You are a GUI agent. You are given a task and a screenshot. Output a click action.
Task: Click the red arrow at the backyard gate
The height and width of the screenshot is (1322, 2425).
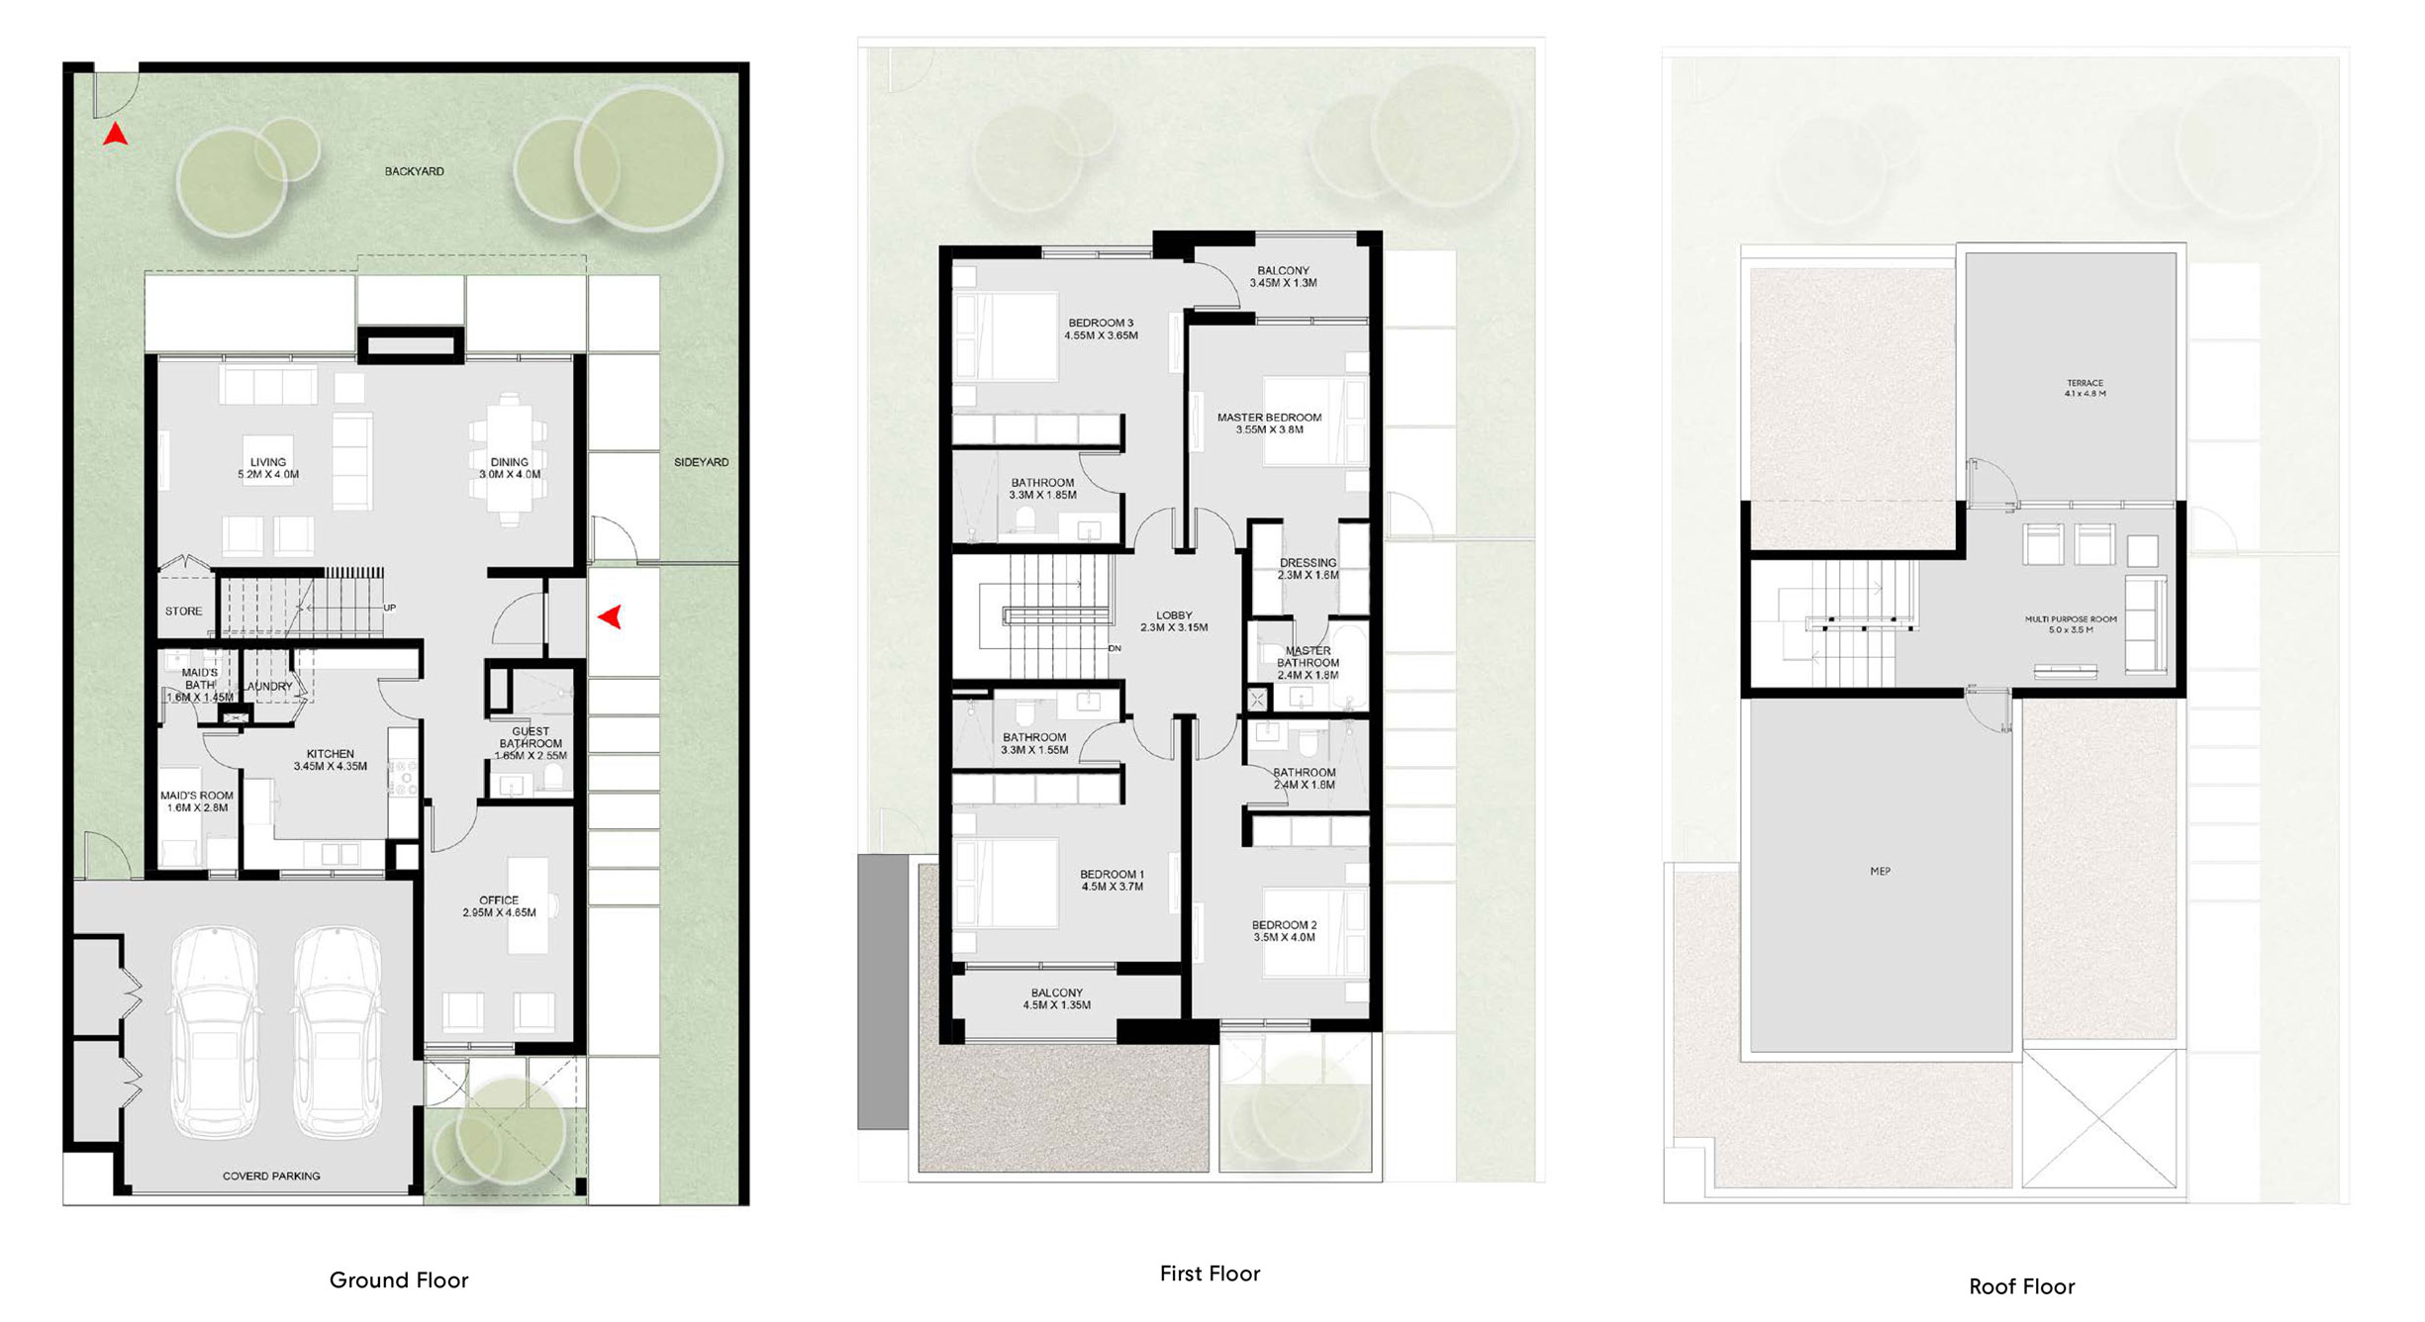coord(116,135)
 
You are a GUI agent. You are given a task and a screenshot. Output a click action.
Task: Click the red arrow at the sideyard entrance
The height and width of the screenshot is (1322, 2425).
coord(610,616)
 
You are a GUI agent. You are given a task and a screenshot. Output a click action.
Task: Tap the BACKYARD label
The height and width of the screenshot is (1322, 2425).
coord(414,171)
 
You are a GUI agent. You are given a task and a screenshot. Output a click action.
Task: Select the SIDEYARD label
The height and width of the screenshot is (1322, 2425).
coord(701,462)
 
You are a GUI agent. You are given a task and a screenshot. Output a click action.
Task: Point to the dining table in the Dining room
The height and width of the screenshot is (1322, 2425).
coord(509,460)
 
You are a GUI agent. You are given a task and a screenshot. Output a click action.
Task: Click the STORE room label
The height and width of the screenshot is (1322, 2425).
coord(183,612)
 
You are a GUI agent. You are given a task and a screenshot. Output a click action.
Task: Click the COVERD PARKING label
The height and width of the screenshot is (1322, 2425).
coord(271,1177)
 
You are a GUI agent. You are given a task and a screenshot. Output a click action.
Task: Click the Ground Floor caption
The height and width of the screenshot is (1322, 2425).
coord(399,1280)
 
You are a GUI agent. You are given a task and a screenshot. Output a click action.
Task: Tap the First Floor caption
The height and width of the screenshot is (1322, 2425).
coord(1210,1274)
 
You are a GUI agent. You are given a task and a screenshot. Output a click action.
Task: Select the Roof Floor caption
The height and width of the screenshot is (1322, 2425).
coord(2021,1286)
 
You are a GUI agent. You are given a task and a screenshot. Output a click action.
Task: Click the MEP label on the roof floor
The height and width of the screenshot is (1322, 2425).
coord(1880,872)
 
